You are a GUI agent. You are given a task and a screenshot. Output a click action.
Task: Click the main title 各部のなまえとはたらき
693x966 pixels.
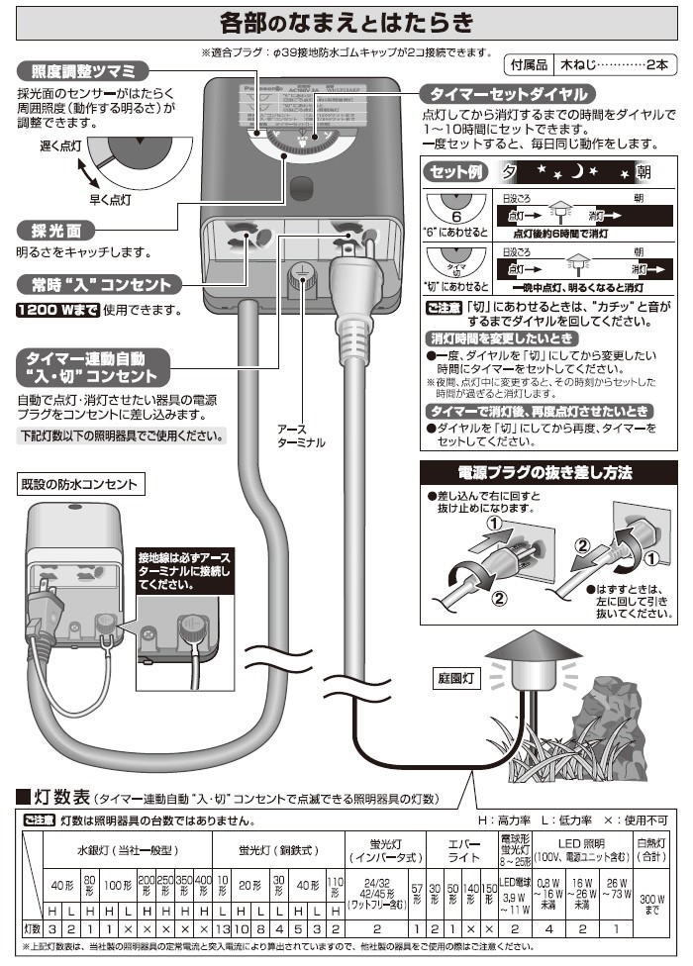(x=346, y=21)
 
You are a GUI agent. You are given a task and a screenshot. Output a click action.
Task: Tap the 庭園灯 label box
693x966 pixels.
(x=456, y=679)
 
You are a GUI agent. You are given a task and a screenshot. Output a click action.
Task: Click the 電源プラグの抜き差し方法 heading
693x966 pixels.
(x=552, y=472)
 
